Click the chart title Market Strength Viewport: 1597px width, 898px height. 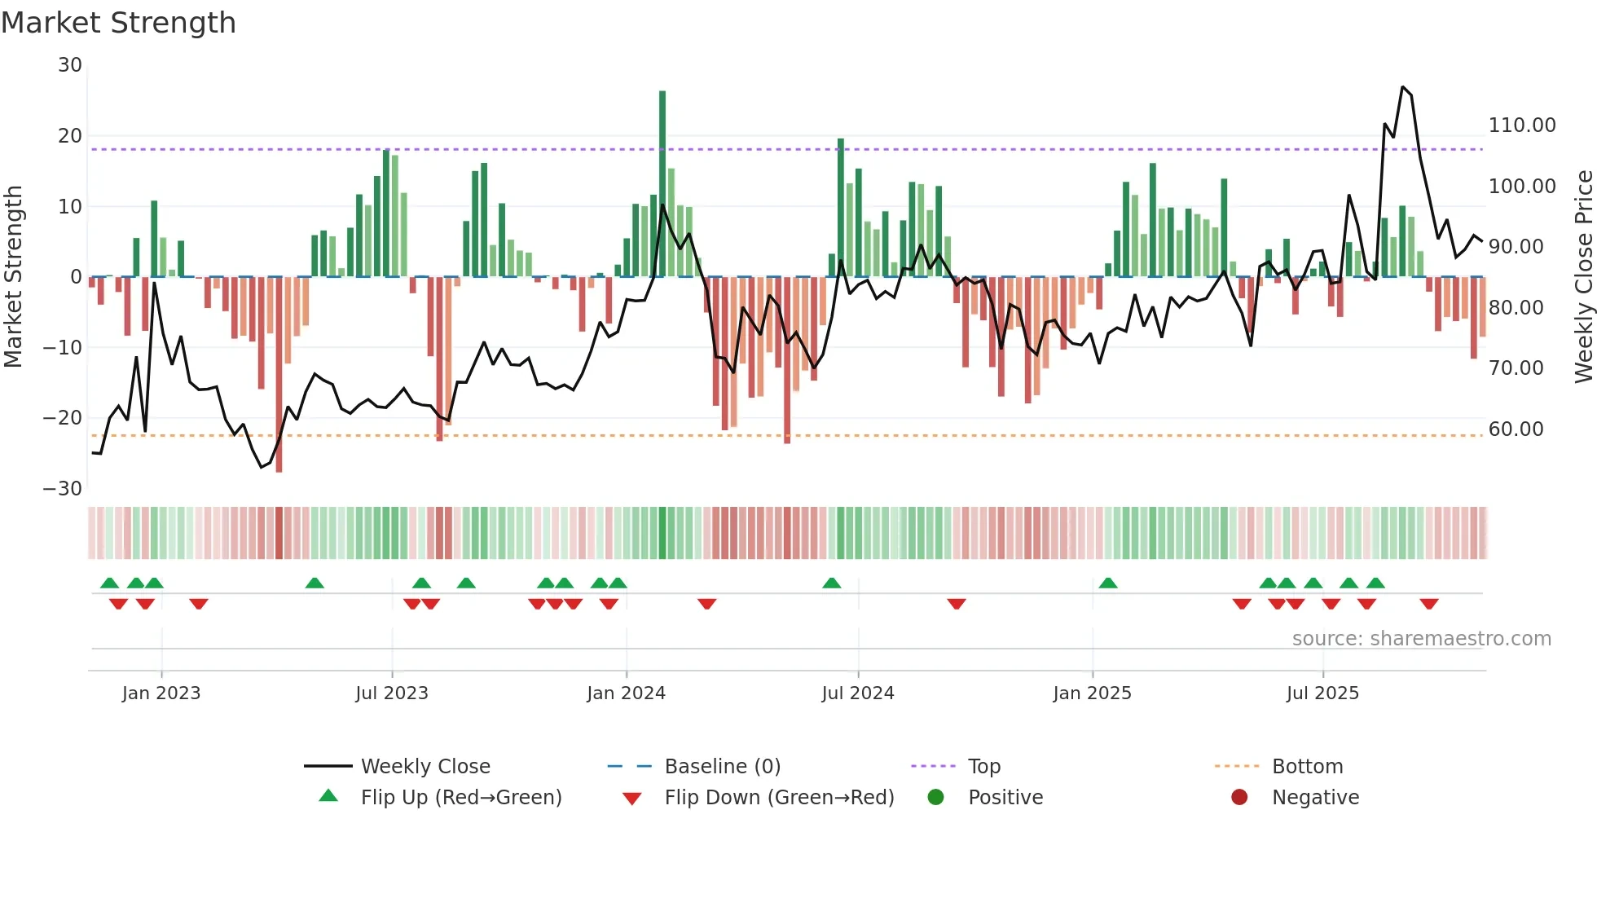(118, 23)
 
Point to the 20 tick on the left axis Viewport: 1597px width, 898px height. (70, 136)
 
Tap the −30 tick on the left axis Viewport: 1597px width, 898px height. (63, 489)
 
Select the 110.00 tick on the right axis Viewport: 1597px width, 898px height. (1521, 125)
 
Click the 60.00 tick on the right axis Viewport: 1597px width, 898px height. (1516, 429)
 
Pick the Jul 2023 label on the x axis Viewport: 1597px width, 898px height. (392, 693)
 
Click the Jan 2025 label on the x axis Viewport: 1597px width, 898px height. (1092, 693)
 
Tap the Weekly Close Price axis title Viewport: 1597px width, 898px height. (1583, 277)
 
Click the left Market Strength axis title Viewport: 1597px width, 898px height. (13, 277)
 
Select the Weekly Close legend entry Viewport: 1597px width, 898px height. (425, 767)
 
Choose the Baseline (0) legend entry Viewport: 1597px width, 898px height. (722, 767)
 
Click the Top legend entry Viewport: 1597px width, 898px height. (983, 767)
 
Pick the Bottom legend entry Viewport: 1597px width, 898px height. (1307, 767)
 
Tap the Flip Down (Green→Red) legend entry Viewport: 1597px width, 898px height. (779, 798)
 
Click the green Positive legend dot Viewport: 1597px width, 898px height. (936, 798)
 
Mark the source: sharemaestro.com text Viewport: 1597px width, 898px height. (1421, 639)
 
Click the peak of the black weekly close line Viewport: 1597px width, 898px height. (1402, 86)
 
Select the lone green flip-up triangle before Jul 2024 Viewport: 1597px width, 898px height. (831, 583)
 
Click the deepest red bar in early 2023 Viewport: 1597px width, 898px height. (279, 375)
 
